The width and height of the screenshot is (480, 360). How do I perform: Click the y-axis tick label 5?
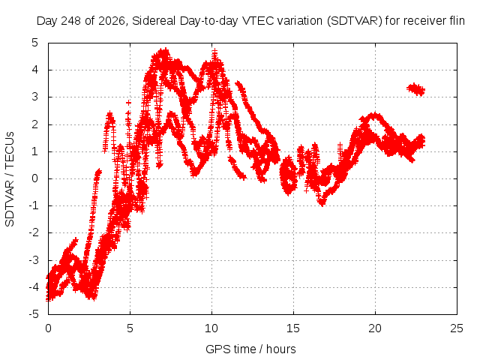35,43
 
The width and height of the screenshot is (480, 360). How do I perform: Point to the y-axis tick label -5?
33,314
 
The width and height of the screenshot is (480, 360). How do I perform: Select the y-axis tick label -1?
33,205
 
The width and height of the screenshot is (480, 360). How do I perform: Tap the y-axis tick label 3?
35,97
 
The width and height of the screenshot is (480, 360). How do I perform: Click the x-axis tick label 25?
457,328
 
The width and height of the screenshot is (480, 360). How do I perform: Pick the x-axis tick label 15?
293,328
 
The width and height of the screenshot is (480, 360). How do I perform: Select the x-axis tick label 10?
211,328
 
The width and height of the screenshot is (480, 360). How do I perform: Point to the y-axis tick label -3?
33,260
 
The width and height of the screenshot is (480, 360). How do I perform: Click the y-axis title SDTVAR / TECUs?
10,179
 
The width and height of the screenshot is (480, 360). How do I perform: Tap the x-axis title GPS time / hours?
250,349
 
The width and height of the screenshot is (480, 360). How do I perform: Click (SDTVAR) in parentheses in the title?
355,21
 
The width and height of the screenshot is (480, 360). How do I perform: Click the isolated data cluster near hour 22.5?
415,89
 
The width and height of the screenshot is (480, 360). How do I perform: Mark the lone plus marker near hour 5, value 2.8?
128,103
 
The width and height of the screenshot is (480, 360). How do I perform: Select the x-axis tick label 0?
48,328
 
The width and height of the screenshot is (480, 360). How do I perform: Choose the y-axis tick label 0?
35,178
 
